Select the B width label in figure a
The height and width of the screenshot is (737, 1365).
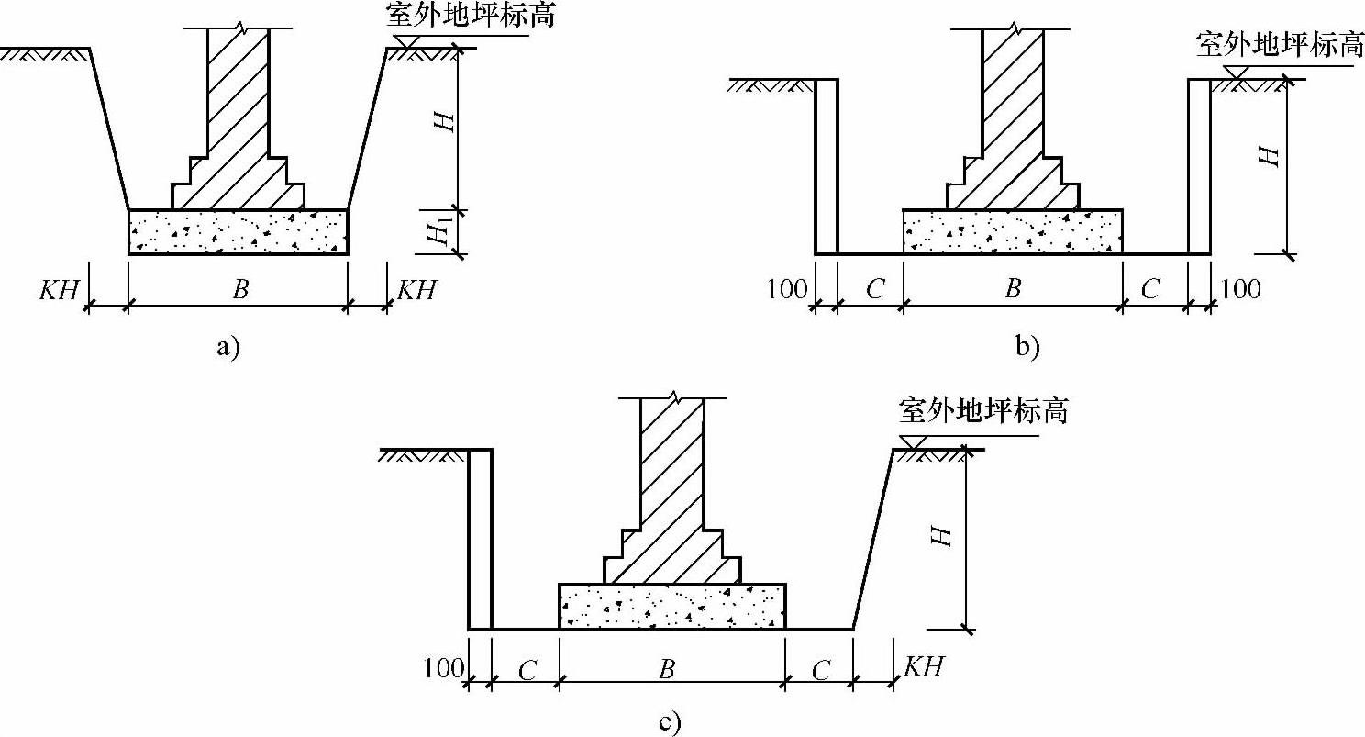[239, 290]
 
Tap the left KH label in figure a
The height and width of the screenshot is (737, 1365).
[58, 290]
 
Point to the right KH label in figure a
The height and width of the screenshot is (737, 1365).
[416, 290]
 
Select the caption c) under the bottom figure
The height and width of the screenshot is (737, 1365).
[669, 722]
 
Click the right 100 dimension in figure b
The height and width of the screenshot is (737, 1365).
[1240, 290]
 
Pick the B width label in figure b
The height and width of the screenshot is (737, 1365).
[1013, 290]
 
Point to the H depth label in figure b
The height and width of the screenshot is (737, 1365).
[1268, 157]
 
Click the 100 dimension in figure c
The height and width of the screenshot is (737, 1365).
[444, 668]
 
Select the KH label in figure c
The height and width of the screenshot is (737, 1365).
[923, 666]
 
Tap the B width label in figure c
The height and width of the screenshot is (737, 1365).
[667, 668]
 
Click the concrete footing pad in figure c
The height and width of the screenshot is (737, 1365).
[672, 607]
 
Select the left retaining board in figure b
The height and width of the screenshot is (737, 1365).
[827, 166]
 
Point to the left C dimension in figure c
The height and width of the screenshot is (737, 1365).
[527, 670]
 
